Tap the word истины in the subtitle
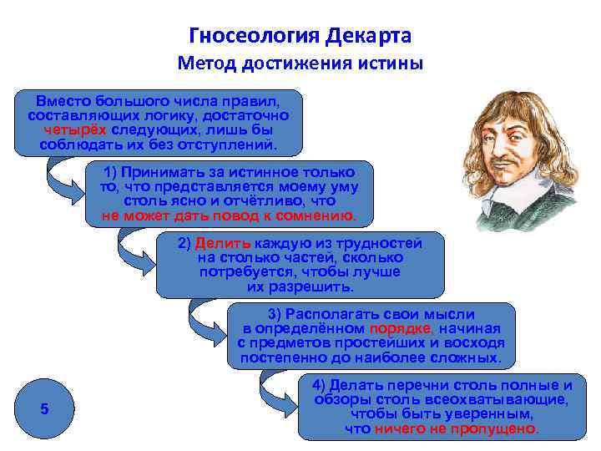point(393,63)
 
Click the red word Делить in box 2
point(220,244)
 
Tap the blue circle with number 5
point(45,408)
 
